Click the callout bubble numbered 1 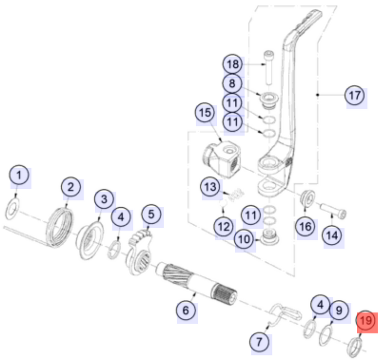click(19, 176)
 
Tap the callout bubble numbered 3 click(104, 199)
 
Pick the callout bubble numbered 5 click(151, 213)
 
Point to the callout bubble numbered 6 click(186, 310)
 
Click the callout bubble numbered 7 click(259, 341)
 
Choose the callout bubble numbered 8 click(232, 82)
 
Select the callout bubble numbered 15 click(205, 113)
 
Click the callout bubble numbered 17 click(354, 96)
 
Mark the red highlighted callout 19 click(366, 321)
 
